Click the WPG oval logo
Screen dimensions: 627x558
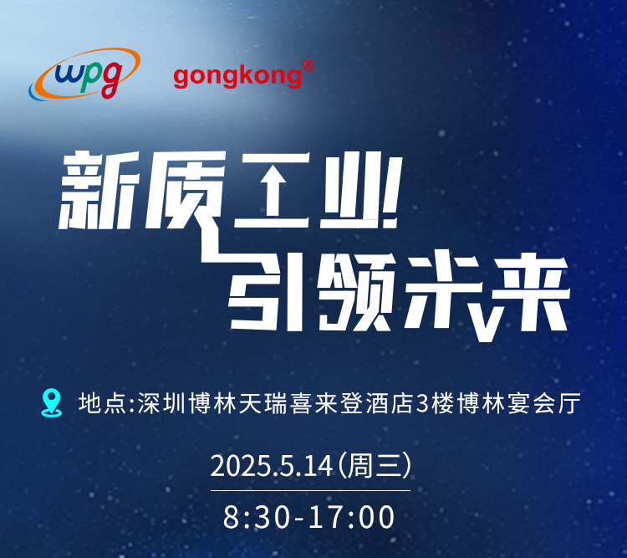[84, 74]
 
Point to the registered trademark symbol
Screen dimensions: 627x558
[308, 65]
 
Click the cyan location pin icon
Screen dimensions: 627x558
[52, 402]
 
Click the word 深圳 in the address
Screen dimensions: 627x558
[161, 403]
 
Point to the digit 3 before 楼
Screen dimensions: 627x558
[422, 404]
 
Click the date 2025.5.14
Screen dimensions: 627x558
[272, 466]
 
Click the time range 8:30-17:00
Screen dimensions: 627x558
[308, 517]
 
